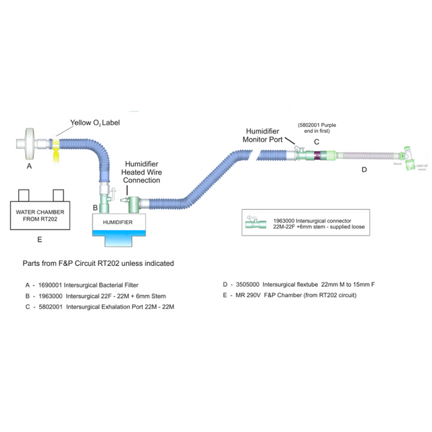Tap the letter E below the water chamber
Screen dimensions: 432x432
pyautogui.click(x=39, y=240)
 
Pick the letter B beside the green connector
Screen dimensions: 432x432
pyautogui.click(x=95, y=207)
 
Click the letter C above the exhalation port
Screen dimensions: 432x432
pyautogui.click(x=316, y=142)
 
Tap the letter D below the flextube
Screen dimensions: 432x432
pyautogui.click(x=364, y=169)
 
